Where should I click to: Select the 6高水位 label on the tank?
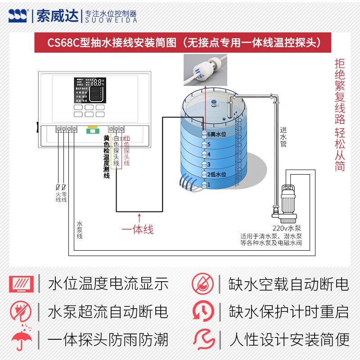216,134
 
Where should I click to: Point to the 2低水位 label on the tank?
216,174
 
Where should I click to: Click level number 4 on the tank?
209,154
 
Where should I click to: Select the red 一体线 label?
138,229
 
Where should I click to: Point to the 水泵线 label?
80,229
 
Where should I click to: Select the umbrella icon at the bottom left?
19,340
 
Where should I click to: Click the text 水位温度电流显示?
108,284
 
